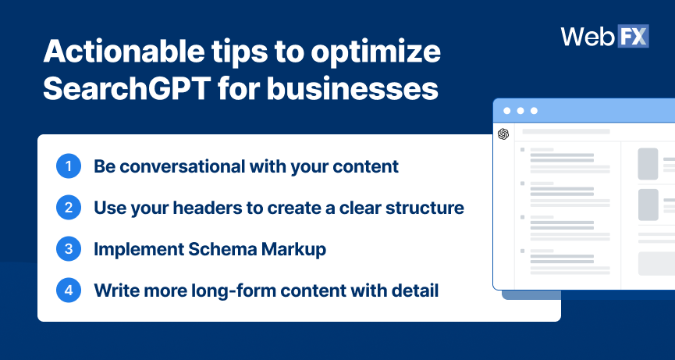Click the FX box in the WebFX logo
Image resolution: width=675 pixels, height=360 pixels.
[x=633, y=36]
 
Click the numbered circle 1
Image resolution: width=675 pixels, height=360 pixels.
[x=69, y=166]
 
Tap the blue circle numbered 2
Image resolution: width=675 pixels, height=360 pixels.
[x=69, y=208]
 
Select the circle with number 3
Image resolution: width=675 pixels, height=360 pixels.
[x=69, y=249]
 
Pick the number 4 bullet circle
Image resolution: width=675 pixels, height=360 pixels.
[x=69, y=290]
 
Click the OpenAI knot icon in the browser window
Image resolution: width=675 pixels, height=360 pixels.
[x=503, y=134]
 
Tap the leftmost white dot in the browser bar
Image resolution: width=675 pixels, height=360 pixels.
[x=506, y=111]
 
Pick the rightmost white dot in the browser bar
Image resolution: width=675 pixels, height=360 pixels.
[x=534, y=111]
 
